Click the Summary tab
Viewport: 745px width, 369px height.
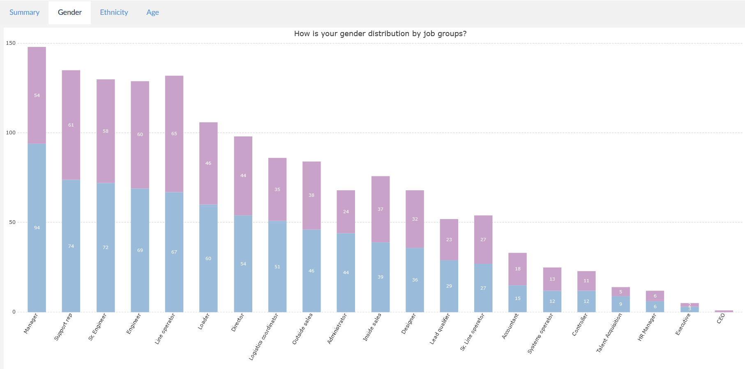coord(24,12)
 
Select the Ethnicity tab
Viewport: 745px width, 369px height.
coord(114,12)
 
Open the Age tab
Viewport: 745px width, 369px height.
coord(152,12)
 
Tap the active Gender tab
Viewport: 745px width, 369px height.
coord(69,12)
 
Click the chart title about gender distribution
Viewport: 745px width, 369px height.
coord(380,34)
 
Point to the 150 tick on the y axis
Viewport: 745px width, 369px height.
coord(11,43)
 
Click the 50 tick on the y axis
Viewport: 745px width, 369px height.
coord(12,222)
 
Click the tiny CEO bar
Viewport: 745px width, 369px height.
coord(724,311)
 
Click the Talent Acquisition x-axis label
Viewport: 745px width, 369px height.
coord(609,333)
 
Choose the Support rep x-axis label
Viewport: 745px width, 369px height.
coord(63,327)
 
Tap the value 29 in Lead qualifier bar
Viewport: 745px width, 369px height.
coord(449,286)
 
